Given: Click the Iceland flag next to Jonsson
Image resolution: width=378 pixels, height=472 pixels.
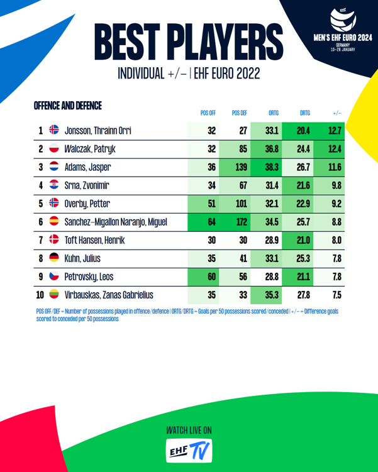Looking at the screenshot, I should click(53, 131).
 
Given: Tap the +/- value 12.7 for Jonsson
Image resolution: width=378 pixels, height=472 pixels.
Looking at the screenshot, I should click(335, 131).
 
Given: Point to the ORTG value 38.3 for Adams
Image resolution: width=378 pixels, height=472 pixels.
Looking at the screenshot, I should click(272, 167).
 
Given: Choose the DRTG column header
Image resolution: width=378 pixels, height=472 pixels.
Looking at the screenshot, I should click(305, 113).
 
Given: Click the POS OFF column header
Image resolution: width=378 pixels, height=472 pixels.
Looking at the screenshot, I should click(208, 113).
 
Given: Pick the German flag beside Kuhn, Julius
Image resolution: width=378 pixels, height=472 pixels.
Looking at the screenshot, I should click(53, 258).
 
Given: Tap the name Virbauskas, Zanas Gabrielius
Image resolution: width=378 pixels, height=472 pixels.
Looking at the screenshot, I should click(109, 295).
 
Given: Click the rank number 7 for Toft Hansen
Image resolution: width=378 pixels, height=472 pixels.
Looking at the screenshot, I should click(41, 240).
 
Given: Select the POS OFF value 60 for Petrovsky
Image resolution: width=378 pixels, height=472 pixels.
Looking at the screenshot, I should click(211, 277).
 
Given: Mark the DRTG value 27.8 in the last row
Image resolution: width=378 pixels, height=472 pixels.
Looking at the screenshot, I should click(303, 295).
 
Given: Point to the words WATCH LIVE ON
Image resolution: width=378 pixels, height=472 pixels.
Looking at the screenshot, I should click(189, 430).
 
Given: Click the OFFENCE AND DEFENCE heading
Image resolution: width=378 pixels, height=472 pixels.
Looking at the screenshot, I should click(68, 105).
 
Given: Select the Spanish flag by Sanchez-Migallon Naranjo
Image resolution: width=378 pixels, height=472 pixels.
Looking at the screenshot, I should click(53, 222).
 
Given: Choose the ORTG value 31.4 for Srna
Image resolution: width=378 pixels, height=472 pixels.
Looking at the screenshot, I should click(272, 185).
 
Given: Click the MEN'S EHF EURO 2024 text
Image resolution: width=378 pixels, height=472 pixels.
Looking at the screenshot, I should click(342, 37).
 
